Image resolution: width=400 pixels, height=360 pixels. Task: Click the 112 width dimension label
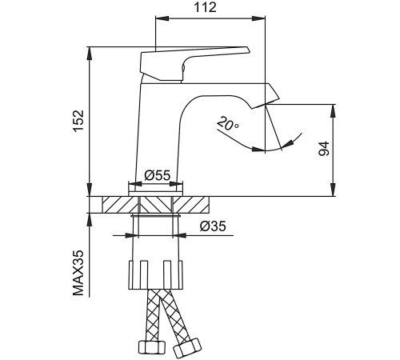click(205, 7)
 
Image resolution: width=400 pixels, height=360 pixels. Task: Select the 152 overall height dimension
click(79, 121)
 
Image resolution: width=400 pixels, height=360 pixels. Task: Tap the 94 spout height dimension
click(324, 149)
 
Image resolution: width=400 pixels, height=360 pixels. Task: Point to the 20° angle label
click(227, 124)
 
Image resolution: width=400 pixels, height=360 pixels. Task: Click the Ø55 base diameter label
click(158, 175)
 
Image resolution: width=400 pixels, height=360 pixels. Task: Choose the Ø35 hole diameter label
click(213, 226)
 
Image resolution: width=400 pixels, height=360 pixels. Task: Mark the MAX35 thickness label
click(78, 273)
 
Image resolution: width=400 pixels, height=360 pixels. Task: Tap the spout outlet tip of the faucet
click(266, 105)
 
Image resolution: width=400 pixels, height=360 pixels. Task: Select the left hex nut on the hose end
click(152, 347)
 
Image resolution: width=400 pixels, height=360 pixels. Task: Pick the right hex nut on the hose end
click(187, 348)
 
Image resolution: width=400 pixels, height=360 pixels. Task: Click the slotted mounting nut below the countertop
click(156, 275)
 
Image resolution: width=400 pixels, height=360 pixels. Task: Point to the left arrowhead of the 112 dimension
click(162, 18)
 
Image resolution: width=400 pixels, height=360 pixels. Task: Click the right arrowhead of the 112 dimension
click(258, 18)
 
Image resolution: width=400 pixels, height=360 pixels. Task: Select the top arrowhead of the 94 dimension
click(333, 110)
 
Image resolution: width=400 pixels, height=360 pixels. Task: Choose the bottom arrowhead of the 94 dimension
click(333, 190)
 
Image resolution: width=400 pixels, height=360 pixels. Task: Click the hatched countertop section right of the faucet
click(191, 205)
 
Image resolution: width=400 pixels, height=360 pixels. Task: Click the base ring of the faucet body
click(156, 194)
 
